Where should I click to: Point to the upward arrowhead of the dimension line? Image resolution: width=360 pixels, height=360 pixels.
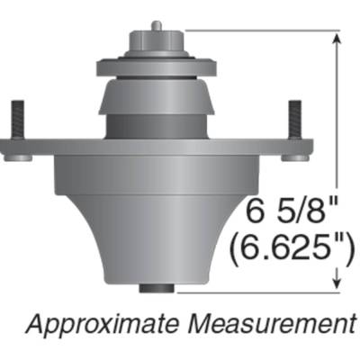coord(337,38)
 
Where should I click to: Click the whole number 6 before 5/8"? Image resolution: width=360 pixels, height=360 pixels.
coord(255,215)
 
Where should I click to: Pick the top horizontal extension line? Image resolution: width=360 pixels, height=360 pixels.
coord(261,29)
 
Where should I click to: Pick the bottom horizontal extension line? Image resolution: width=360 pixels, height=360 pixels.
coord(261,291)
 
